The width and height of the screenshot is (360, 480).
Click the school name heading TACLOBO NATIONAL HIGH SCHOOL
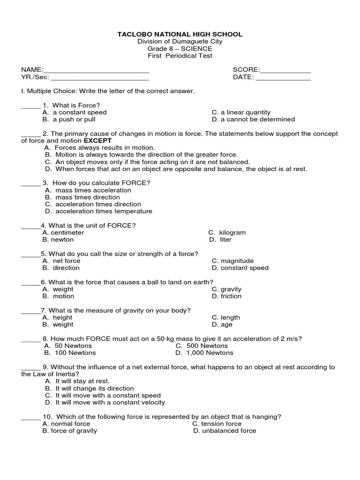[x=180, y=34]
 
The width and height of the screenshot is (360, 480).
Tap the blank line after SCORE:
[x=285, y=71]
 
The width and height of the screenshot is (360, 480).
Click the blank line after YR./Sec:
[x=99, y=78]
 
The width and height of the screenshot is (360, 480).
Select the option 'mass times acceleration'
[x=93, y=190]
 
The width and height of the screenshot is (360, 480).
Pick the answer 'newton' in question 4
[x=62, y=240]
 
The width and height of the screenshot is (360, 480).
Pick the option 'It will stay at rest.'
[x=82, y=381]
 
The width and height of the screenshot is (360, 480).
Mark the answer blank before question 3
[x=31, y=183]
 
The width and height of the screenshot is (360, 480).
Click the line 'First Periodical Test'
[x=180, y=56]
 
